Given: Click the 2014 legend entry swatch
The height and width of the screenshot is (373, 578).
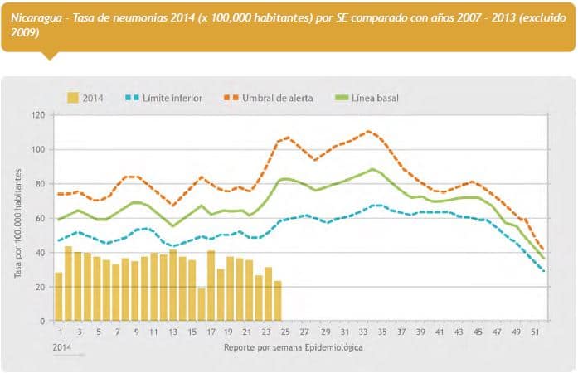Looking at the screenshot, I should [73, 99].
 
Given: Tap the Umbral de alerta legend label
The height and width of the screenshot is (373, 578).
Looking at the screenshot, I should [277, 99].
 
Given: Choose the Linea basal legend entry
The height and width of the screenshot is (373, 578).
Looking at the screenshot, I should [375, 99].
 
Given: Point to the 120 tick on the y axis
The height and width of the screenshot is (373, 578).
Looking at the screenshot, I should [38, 115].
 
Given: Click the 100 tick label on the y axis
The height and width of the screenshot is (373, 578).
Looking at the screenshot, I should [38, 150].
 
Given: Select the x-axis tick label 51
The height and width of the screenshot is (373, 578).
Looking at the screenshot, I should [537, 332].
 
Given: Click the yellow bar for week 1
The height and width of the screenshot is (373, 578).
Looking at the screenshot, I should [59, 297].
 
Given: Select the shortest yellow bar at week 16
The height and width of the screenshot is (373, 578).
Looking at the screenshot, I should [202, 305].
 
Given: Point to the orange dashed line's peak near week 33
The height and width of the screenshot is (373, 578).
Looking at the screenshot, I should [368, 131].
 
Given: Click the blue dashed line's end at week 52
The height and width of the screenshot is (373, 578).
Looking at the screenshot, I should [543, 270].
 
